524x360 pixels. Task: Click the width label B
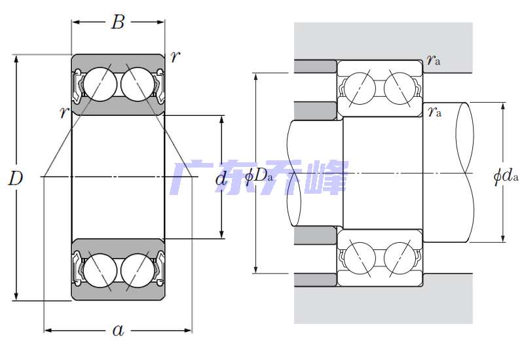(118, 23)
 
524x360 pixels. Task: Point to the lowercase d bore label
(221, 178)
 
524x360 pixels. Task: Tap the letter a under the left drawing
(118, 331)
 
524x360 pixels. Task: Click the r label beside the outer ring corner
(174, 57)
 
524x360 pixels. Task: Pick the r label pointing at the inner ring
(64, 113)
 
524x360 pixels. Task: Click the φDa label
(258, 176)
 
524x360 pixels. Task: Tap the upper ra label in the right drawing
(433, 60)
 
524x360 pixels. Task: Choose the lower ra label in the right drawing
(434, 111)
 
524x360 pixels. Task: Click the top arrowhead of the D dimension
(16, 58)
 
